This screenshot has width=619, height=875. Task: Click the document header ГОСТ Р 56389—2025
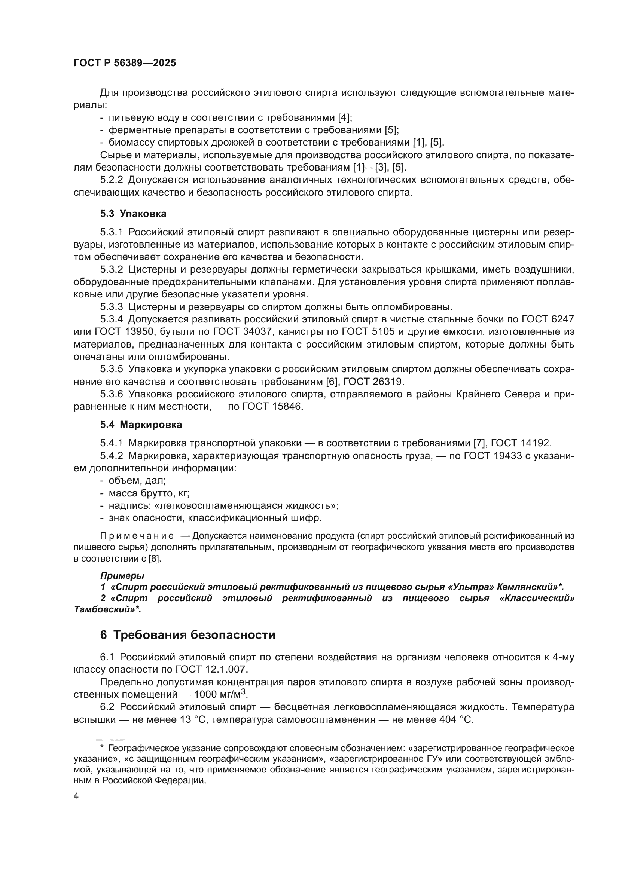[x=125, y=63]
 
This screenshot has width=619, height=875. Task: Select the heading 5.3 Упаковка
[x=133, y=214]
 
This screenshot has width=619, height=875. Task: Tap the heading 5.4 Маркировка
[x=141, y=425]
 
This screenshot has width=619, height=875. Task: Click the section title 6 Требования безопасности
[x=187, y=635]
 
